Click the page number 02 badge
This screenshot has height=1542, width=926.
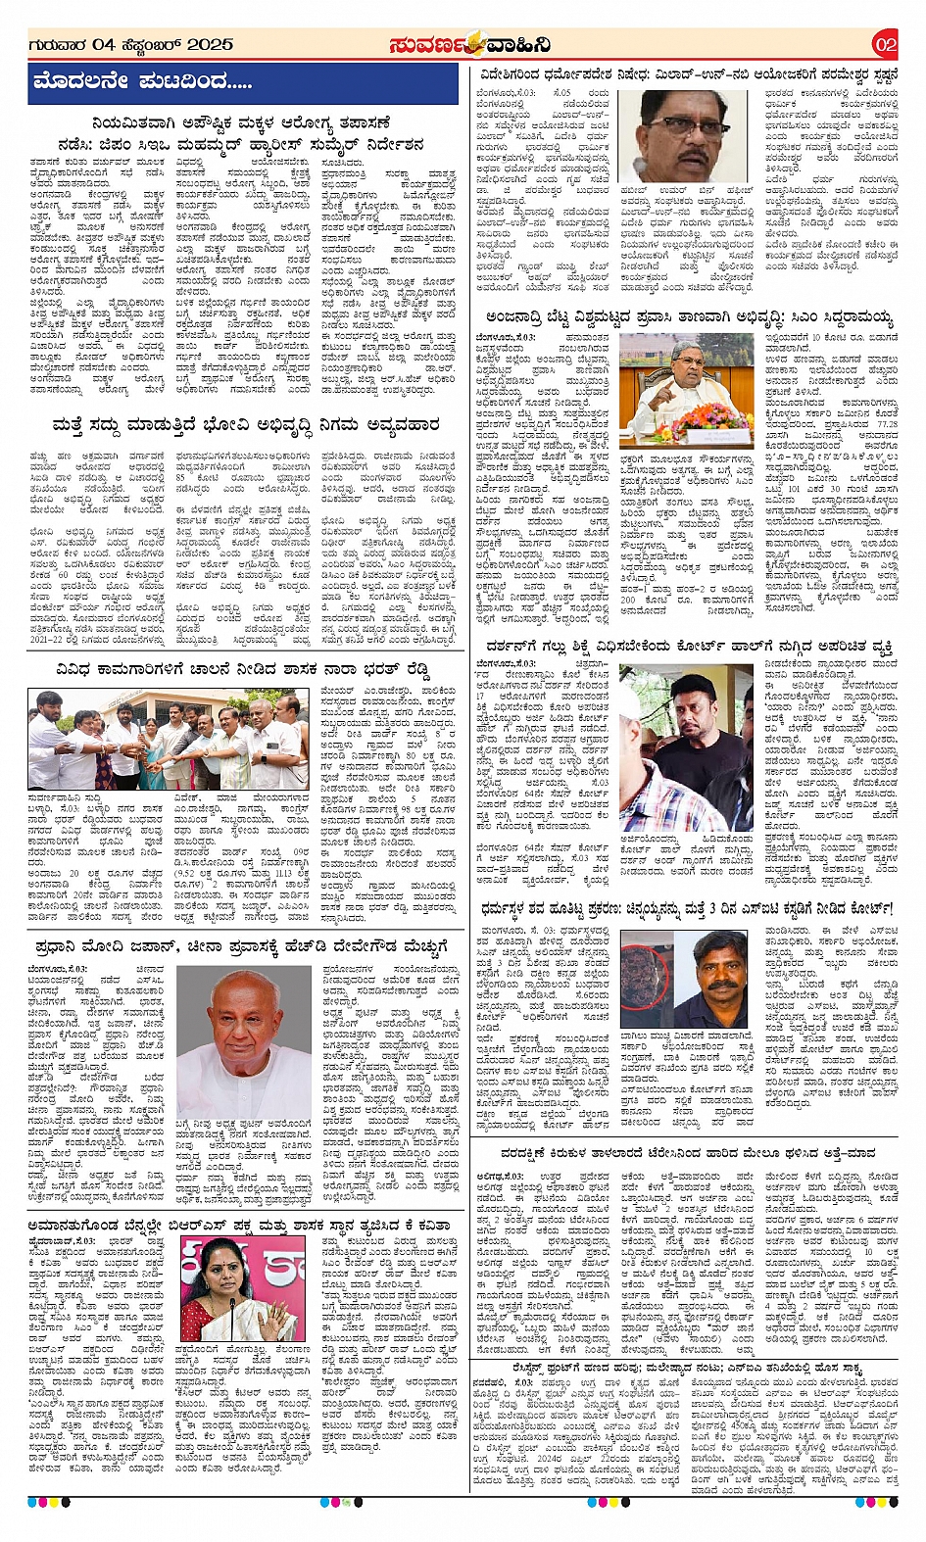(885, 44)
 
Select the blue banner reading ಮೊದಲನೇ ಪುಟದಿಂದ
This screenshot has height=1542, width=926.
(242, 83)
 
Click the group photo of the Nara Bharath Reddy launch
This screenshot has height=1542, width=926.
(169, 739)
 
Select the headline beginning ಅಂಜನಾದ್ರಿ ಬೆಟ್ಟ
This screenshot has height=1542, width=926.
(689, 317)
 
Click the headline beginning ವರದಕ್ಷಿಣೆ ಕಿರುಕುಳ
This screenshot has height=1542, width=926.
(687, 1153)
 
